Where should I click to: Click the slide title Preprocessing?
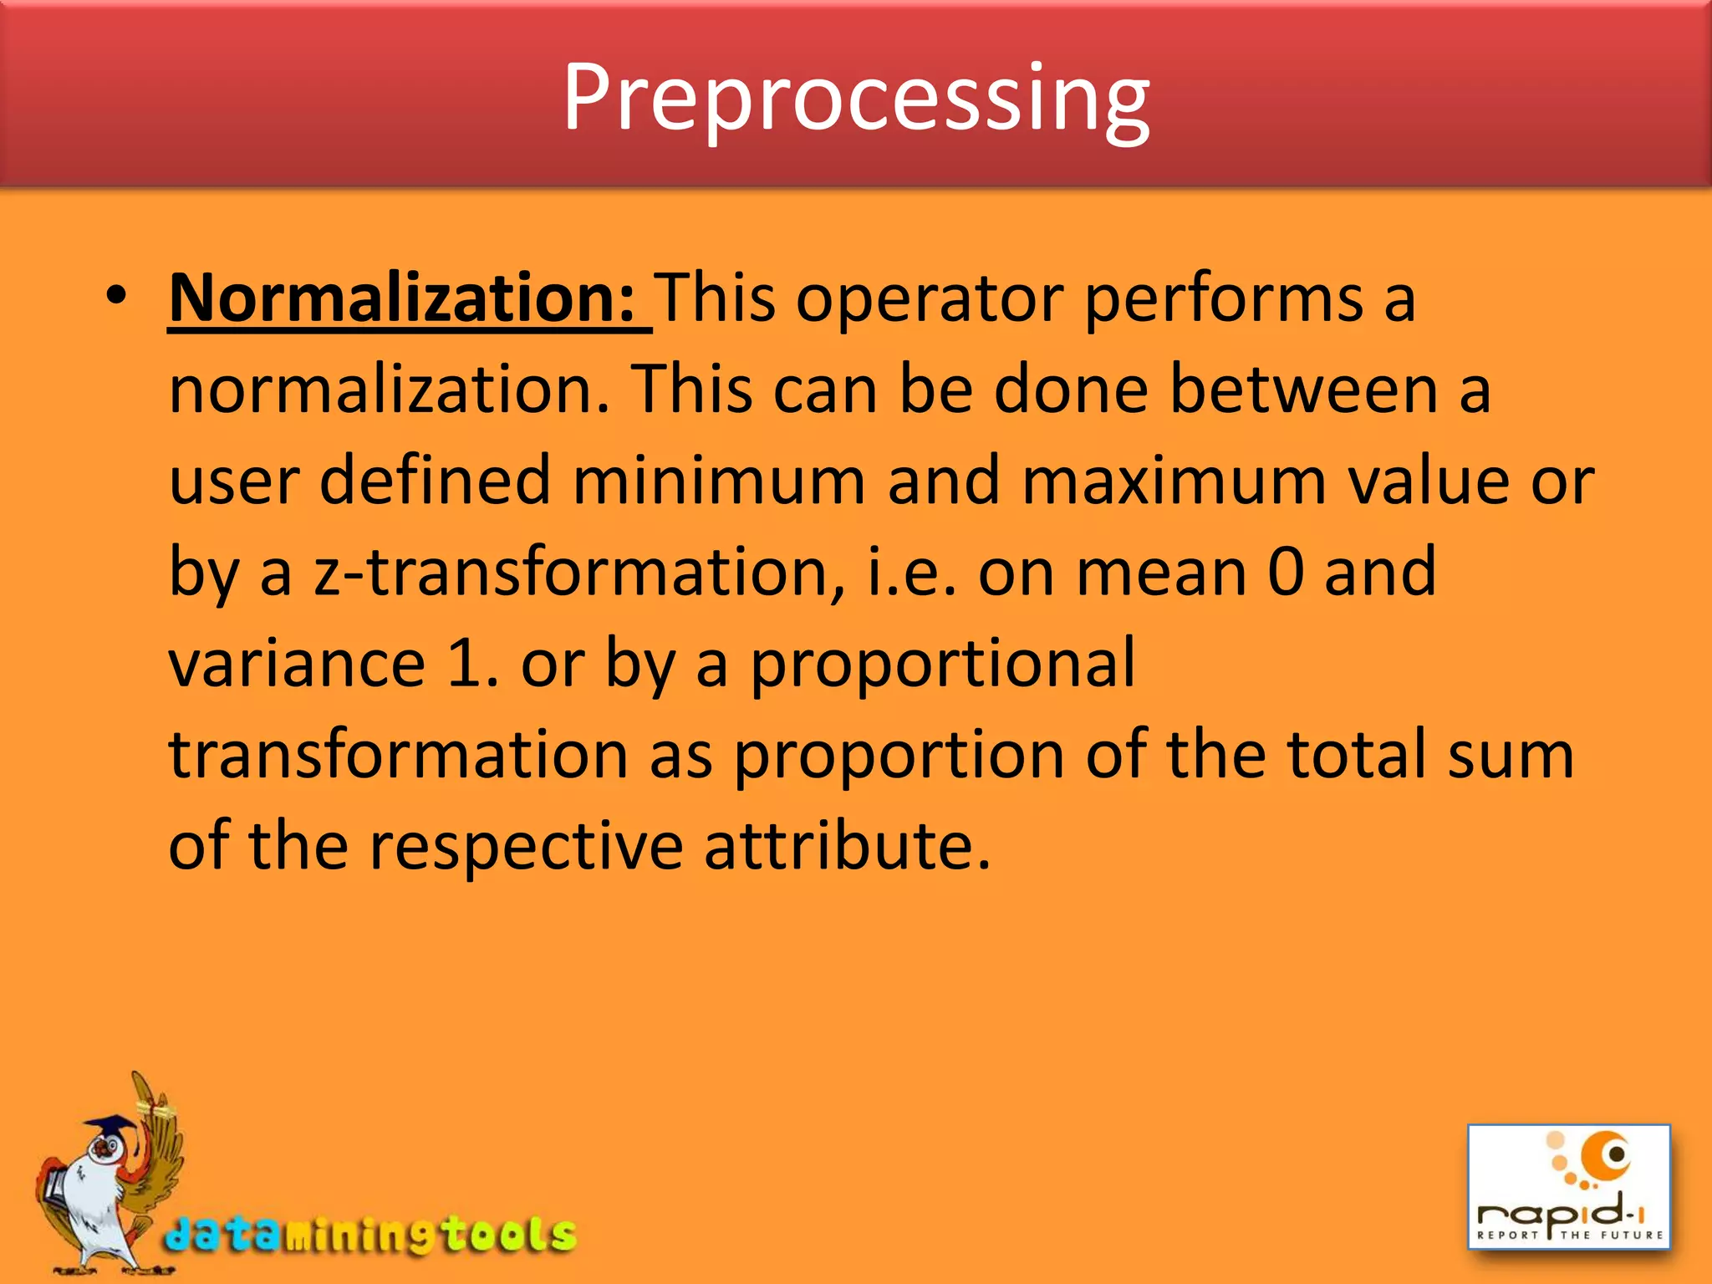[x=856, y=99]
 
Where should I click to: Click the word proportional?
[x=942, y=665]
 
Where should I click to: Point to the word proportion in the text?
[x=899, y=755]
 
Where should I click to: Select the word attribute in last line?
[x=846, y=846]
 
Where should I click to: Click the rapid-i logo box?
[x=1569, y=1187]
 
